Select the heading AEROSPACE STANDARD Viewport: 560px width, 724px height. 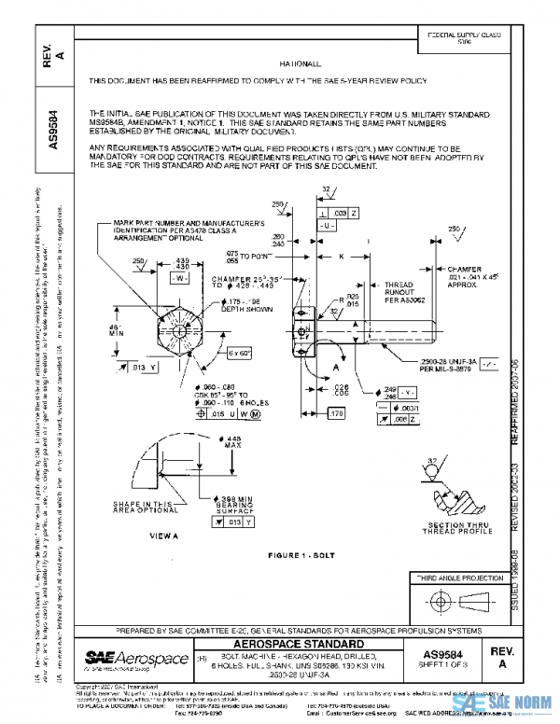[299, 645]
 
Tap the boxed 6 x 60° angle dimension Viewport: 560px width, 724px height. [239, 354]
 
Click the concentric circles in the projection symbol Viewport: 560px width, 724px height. [437, 602]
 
